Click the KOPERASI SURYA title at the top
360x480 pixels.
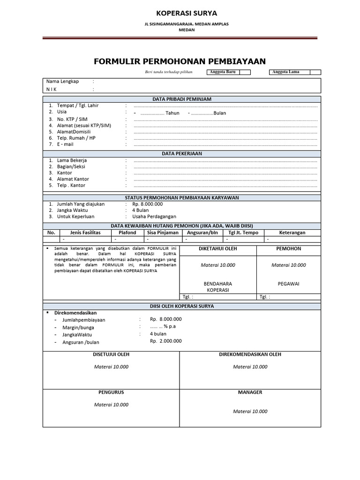pos(180,13)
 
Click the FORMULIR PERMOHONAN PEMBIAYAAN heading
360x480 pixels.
pos(180,61)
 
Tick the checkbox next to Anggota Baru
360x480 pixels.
pos(245,72)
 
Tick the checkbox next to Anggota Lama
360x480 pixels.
pos(315,72)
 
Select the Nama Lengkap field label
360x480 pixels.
pos(63,81)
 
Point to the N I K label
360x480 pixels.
pos(52,89)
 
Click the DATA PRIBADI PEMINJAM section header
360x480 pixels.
pos(182,99)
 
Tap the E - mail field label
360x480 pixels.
pos(65,144)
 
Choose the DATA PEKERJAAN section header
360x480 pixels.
pos(182,153)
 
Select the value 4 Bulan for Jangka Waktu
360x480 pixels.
pos(141,210)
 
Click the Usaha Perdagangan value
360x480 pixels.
pos(154,217)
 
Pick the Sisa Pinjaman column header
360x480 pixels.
pos(163,232)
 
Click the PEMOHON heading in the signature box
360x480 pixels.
pos(289,249)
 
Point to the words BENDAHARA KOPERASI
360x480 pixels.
pos(218,287)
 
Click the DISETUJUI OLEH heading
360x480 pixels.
pos(111,354)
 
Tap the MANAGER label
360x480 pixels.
pos(250,392)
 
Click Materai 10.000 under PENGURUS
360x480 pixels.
pos(111,405)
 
